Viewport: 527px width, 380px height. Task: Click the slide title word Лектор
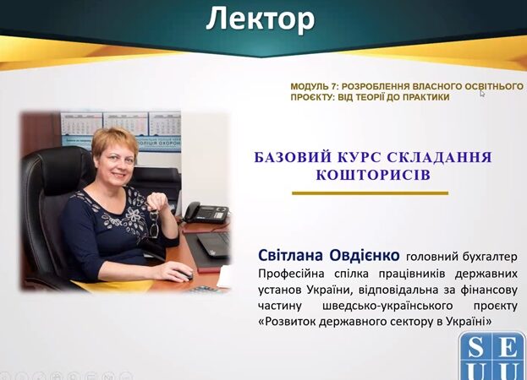coord(261,19)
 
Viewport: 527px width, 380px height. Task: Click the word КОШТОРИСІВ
coord(373,175)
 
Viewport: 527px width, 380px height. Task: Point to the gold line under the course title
coord(370,193)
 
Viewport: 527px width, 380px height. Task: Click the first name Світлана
coord(290,255)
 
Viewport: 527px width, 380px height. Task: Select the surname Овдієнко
coord(365,255)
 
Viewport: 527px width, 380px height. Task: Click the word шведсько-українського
coord(387,307)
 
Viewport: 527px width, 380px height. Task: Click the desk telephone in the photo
coord(206,213)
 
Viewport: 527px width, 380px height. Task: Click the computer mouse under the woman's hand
coord(184,275)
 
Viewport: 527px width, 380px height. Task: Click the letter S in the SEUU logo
coord(475,347)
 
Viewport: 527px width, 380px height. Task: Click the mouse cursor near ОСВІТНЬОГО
coord(482,94)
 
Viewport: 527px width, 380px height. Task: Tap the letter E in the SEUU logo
coord(508,347)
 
